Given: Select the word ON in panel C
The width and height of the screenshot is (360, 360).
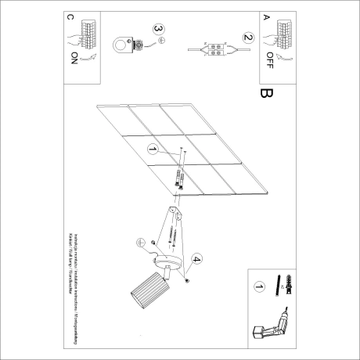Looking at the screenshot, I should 74,57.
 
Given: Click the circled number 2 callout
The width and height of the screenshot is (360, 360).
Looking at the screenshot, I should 248,37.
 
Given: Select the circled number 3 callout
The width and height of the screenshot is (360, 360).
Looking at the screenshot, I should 159,31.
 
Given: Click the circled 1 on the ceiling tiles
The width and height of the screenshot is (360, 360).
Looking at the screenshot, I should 153,148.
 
